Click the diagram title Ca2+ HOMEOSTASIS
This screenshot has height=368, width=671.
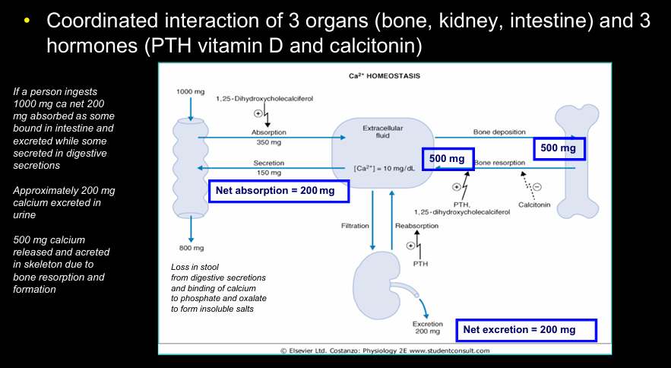[385, 76]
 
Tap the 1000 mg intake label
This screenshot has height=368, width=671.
[191, 92]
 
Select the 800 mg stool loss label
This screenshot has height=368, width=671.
[191, 248]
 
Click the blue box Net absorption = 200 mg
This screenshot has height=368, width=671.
[279, 191]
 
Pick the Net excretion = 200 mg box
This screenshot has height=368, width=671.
[526, 330]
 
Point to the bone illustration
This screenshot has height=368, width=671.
[577, 161]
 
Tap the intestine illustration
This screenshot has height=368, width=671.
[191, 168]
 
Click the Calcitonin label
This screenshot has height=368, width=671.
[534, 205]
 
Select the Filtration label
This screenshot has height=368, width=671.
[355, 226]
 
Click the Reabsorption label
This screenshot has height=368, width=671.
[416, 226]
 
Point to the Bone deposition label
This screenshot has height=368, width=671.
[499, 132]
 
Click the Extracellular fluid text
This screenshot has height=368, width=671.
[382, 132]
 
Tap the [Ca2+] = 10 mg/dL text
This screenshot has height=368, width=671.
[384, 168]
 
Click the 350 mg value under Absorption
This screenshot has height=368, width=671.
[269, 142]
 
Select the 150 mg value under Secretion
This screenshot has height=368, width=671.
[269, 173]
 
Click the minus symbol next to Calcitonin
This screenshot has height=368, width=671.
[537, 187]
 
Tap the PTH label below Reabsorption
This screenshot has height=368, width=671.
[420, 264]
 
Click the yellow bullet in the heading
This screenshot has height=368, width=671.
[27, 20]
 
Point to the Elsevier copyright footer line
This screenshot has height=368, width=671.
[385, 351]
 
